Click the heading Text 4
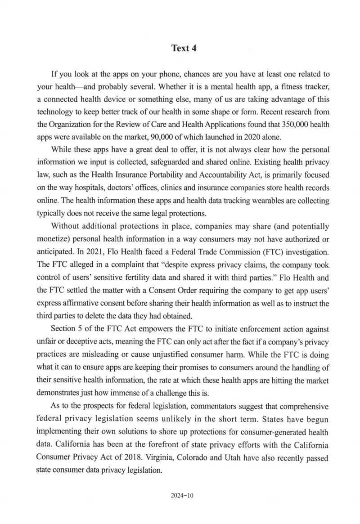tap(181, 48)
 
